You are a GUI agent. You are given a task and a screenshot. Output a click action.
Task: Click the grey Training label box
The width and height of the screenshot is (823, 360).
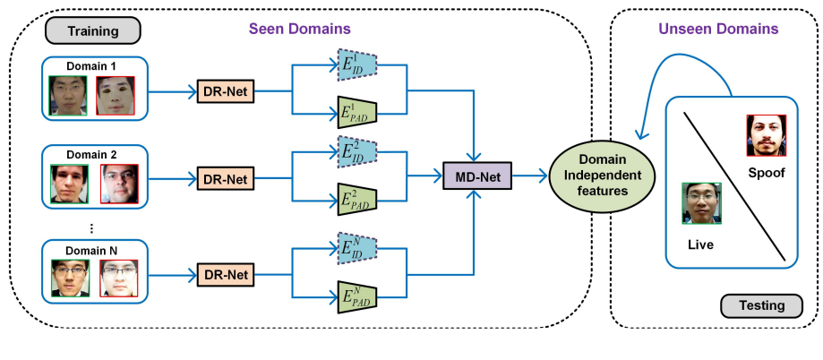94,31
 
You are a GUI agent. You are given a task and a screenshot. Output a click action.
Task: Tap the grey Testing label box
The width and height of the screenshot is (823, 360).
761,305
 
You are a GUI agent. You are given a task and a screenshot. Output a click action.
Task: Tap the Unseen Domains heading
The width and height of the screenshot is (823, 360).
718,29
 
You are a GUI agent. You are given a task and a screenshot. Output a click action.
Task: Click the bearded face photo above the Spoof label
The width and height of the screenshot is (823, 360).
766,135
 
